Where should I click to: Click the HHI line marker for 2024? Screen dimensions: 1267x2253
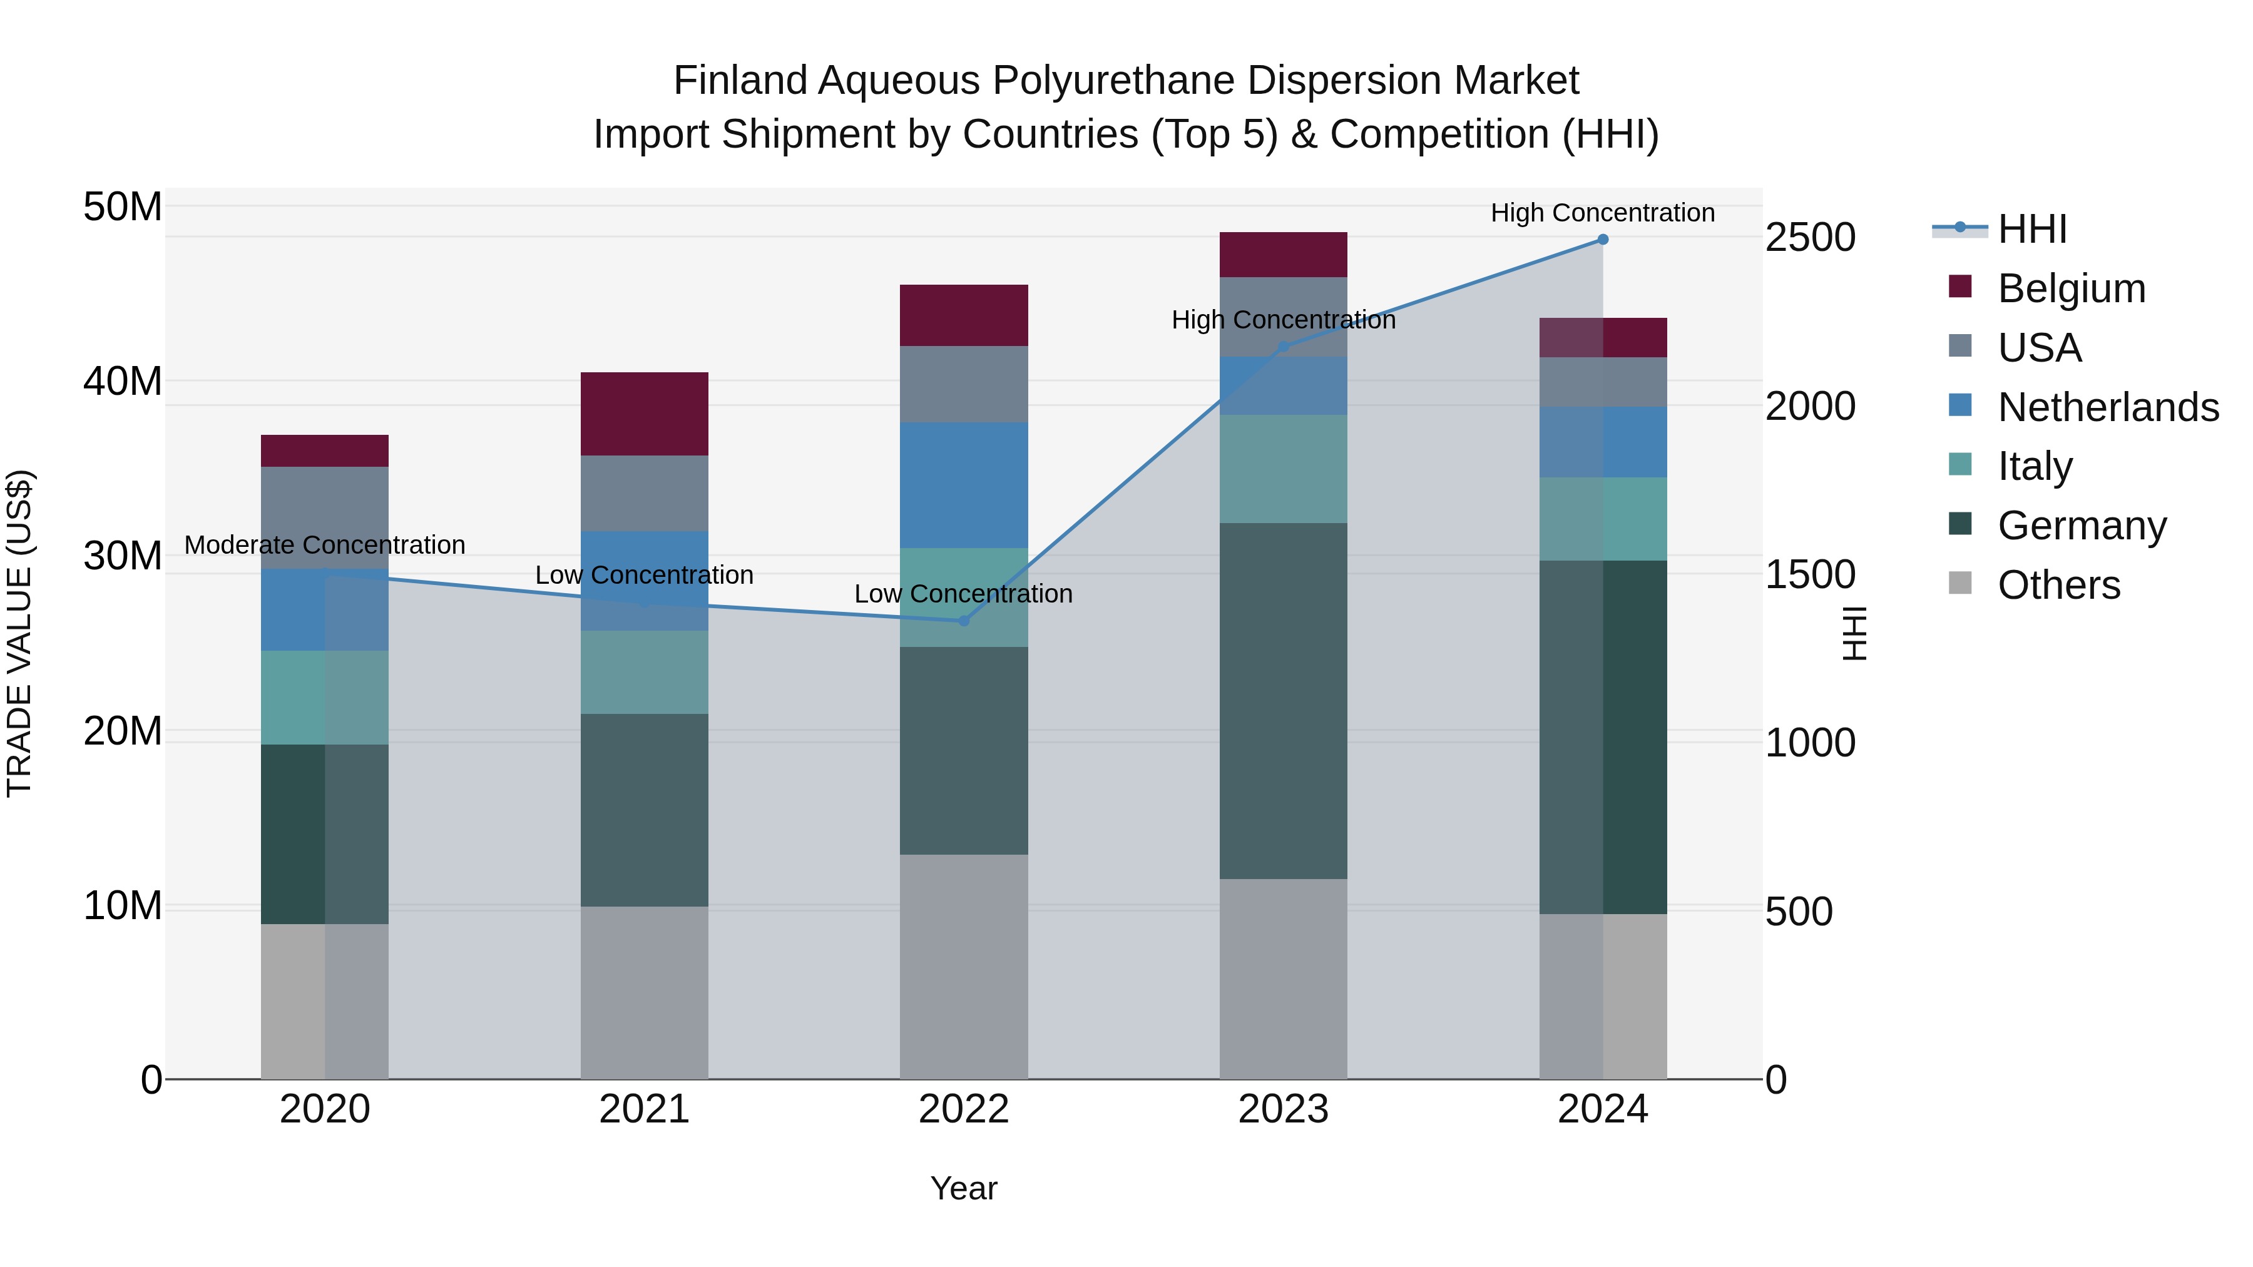[1602, 240]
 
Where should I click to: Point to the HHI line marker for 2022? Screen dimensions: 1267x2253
[964, 621]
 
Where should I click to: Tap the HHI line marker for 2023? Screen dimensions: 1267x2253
[1283, 347]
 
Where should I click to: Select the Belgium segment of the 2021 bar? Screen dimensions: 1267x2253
[645, 414]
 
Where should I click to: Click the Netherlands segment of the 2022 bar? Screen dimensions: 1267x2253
[964, 486]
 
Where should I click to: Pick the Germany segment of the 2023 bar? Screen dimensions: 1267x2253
[1283, 700]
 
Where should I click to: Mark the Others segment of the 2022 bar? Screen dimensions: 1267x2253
[964, 966]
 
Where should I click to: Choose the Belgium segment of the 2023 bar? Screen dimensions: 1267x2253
[1283, 255]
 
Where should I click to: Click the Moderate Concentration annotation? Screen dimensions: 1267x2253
[324, 545]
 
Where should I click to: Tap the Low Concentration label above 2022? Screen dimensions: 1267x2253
[963, 594]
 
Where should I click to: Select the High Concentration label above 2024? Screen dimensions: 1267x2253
[1602, 213]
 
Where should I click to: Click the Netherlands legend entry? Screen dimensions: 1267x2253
[2108, 407]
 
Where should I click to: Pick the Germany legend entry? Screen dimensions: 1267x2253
[2082, 526]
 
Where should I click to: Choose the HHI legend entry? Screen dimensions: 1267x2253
[2031, 229]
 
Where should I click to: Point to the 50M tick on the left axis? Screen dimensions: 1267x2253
[123, 207]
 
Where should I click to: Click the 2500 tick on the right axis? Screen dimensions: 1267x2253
[1809, 238]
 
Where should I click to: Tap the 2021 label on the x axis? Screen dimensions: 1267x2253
[644, 1109]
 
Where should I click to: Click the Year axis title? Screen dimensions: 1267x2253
[964, 1188]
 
